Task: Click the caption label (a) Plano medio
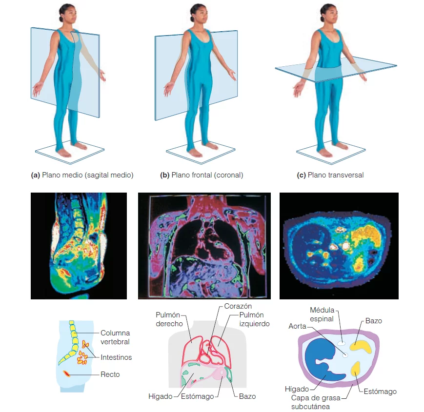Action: pos(82,175)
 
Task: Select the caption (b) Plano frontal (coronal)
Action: pos(202,175)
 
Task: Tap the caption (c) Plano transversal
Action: pos(330,175)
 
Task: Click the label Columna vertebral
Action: pos(115,337)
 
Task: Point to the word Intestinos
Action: pos(116,357)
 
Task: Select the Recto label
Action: pos(110,374)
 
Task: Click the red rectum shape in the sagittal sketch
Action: pos(66,373)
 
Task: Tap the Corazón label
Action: pos(238,306)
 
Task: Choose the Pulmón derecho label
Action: pos(169,319)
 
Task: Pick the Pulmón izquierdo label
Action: pos(254,319)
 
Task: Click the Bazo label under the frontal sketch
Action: pos(247,396)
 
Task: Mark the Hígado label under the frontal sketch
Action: pos(161,396)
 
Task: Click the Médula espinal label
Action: pos(322,314)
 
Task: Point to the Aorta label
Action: pos(297,326)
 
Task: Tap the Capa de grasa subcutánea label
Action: pos(316,402)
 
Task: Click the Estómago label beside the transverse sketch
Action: pos(380,392)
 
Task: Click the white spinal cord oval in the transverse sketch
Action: pos(342,343)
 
